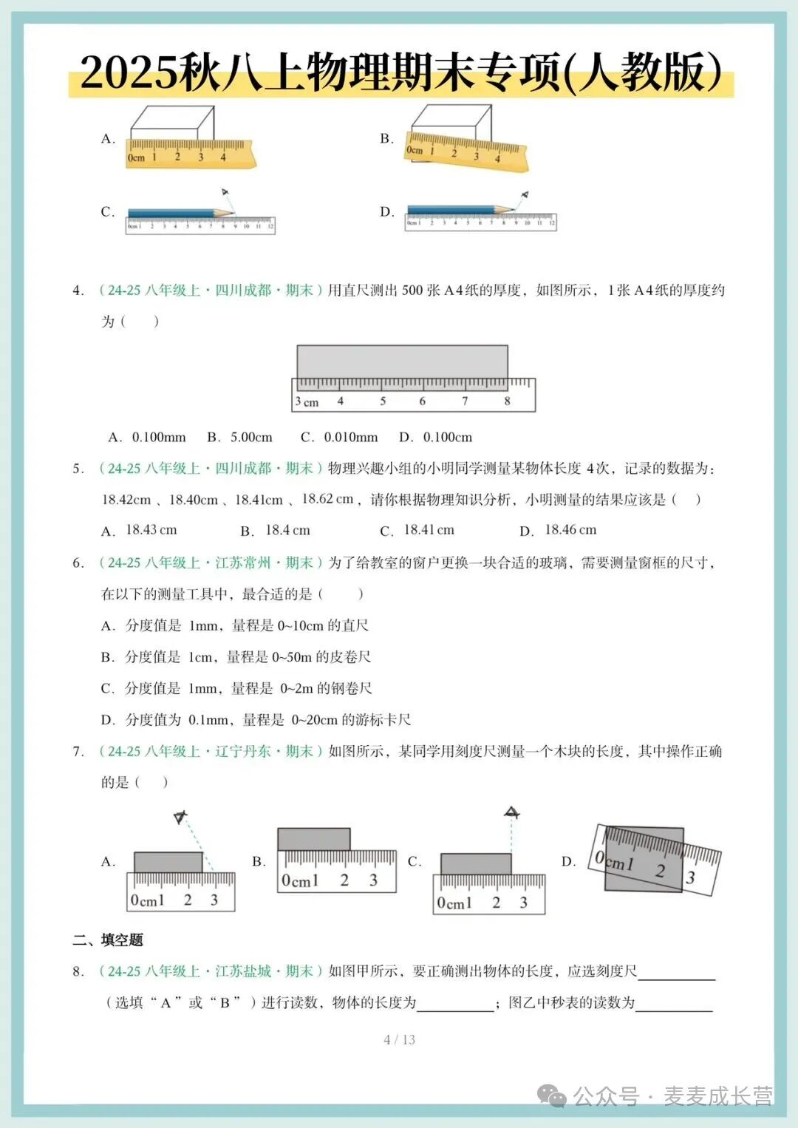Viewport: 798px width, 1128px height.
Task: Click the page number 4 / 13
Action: pos(399,1039)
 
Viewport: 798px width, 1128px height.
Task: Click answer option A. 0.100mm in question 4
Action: pos(147,438)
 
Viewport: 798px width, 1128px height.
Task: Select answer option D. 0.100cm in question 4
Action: pos(436,438)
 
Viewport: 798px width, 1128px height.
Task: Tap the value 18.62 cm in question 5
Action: pos(327,499)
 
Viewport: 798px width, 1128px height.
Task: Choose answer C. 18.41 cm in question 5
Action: pos(417,530)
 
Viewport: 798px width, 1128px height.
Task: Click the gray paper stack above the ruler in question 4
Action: pos(402,361)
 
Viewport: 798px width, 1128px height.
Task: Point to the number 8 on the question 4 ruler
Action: pos(508,401)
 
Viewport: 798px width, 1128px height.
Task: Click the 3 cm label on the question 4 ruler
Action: pos(307,402)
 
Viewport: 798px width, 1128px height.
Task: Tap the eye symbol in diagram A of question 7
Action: pos(180,818)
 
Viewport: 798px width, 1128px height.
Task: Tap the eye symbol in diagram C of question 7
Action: pos(511,813)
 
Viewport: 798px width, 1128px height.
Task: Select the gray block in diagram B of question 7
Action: pos(313,839)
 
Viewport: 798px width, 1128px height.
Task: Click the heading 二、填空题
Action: pos(108,940)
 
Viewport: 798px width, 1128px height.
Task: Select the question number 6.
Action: pos(78,563)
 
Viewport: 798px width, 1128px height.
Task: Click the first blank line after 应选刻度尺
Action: pos(676,974)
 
